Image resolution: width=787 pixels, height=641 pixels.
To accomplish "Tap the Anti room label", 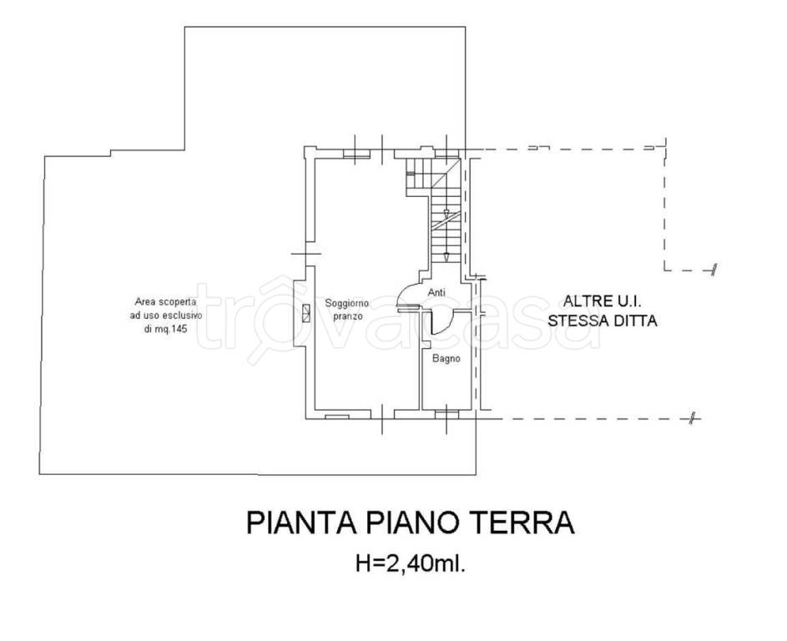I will [436, 293].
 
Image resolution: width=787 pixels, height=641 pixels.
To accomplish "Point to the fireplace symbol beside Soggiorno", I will [306, 313].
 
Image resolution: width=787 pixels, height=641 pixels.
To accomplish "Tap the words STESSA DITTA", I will [602, 320].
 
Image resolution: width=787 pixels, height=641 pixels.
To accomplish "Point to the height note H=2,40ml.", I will [410, 564].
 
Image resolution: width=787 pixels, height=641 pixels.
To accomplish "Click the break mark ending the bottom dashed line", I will [692, 418].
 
